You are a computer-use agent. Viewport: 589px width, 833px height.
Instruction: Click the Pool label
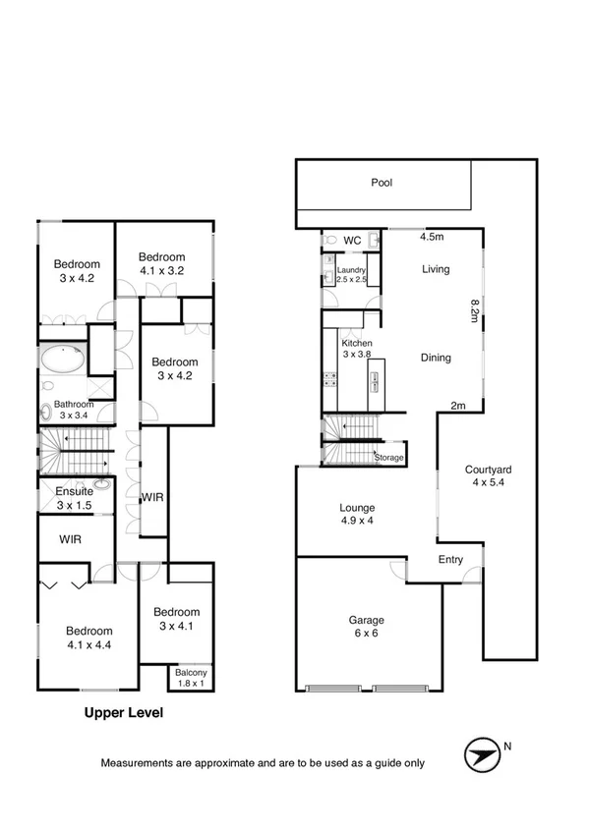click(382, 183)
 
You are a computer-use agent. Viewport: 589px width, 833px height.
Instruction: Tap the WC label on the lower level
click(353, 240)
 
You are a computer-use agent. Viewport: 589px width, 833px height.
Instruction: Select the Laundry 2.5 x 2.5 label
click(351, 276)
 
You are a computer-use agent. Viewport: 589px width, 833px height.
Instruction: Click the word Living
click(435, 269)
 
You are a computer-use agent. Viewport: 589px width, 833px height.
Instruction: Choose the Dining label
click(435, 358)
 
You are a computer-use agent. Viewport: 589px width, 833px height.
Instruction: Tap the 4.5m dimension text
click(433, 237)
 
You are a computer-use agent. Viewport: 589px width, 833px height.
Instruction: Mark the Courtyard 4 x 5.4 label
click(489, 476)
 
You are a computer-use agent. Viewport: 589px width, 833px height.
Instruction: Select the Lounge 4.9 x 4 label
click(357, 514)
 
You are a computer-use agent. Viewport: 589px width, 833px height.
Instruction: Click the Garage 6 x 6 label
click(366, 627)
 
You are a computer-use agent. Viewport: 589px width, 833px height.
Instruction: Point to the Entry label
click(451, 559)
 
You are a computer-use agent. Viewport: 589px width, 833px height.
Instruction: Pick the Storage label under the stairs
click(388, 458)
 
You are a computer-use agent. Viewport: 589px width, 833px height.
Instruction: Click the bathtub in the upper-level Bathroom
click(62, 362)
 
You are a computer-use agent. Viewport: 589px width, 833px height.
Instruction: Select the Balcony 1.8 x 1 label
click(189, 678)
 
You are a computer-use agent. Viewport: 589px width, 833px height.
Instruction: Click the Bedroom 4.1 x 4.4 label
click(88, 638)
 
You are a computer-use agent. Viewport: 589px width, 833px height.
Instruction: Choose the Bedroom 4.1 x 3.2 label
click(162, 263)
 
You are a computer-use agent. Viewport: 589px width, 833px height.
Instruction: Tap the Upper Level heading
click(123, 714)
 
